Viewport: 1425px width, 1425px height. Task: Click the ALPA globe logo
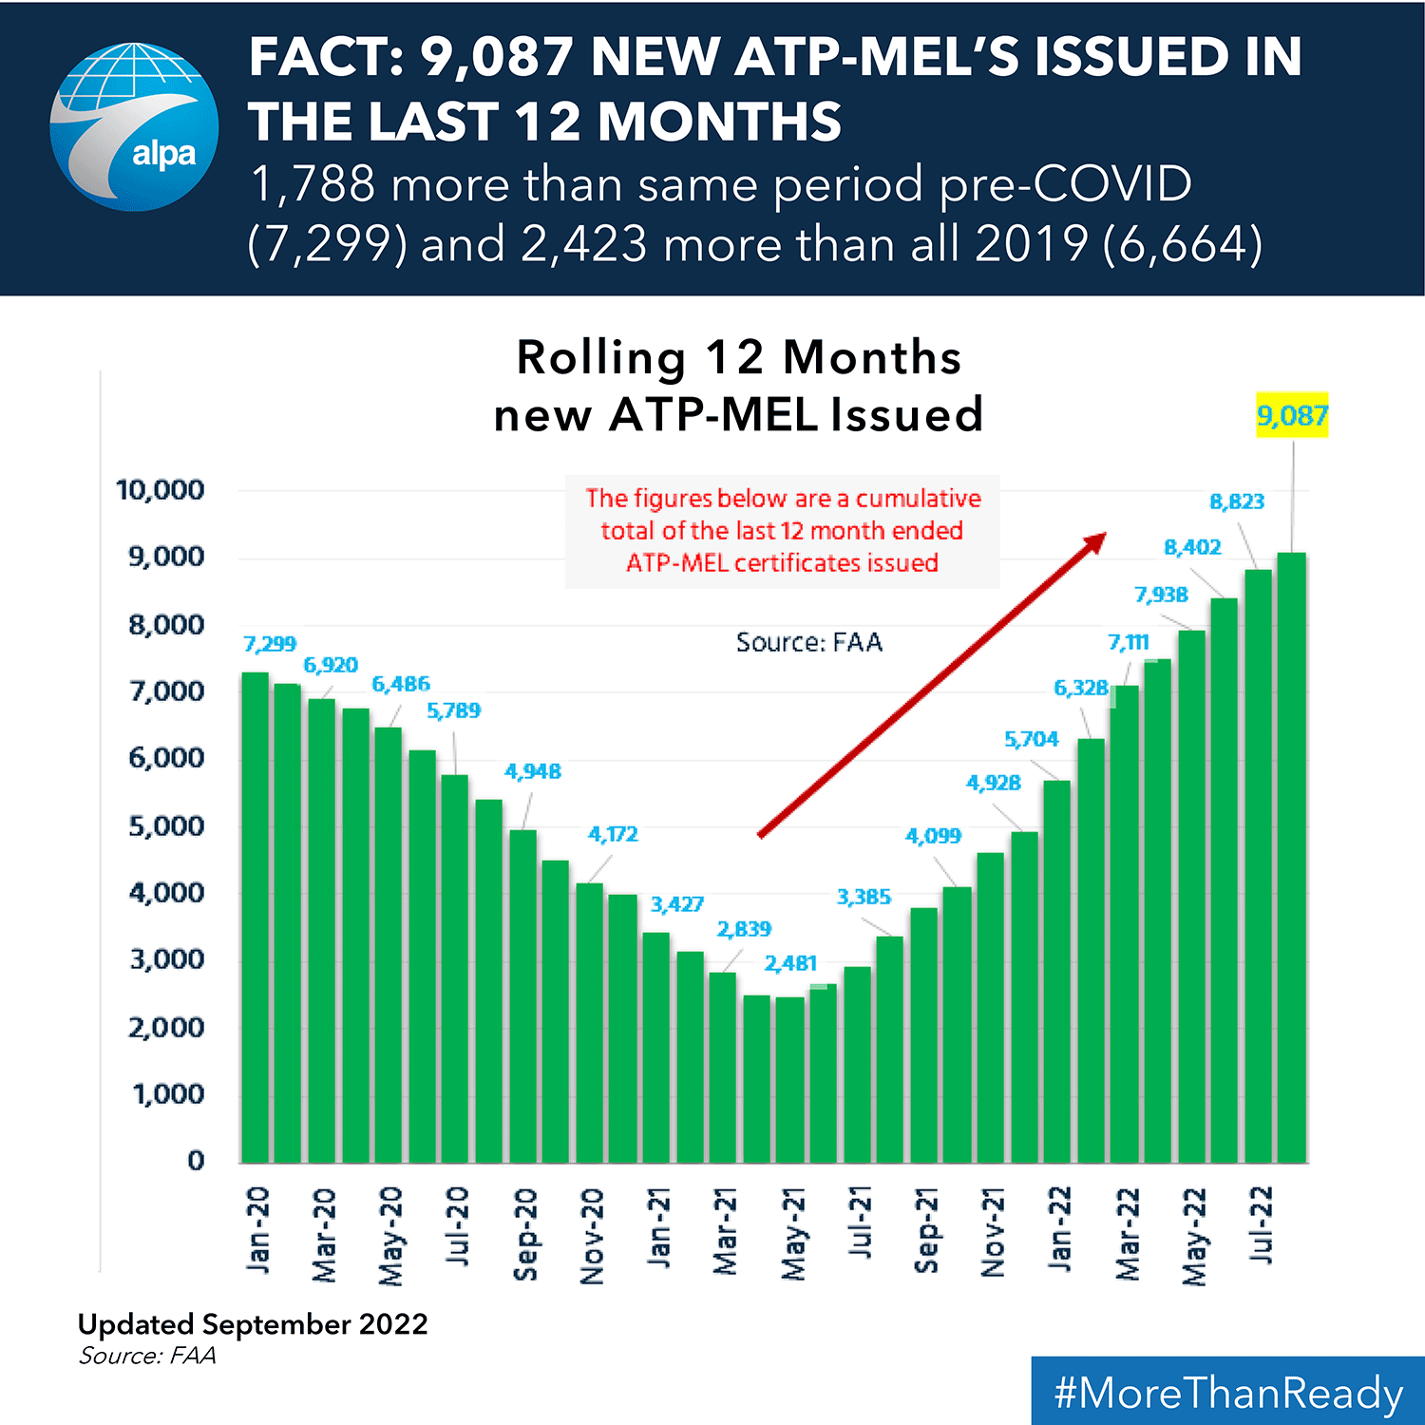[134, 126]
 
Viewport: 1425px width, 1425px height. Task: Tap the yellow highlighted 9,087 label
[1292, 415]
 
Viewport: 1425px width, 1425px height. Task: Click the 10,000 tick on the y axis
[160, 490]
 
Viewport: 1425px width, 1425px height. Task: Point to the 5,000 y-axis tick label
[166, 826]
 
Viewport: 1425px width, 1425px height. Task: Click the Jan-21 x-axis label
[658, 1227]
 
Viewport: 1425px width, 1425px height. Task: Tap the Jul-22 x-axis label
[1261, 1225]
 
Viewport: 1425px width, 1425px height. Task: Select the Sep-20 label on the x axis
[525, 1233]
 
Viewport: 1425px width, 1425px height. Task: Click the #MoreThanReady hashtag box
[1227, 1392]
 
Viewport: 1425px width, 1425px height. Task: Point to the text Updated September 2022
[253, 1323]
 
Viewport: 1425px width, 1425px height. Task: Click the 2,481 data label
[790, 963]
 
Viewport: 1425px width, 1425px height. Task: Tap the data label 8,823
[1237, 502]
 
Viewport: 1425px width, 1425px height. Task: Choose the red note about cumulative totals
[782, 530]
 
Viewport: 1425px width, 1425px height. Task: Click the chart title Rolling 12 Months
[738, 358]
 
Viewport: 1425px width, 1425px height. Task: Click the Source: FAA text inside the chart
[809, 643]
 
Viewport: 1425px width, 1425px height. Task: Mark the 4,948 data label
[532, 771]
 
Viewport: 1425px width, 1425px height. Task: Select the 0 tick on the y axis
[196, 1160]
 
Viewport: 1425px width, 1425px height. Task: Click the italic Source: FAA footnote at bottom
[147, 1356]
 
